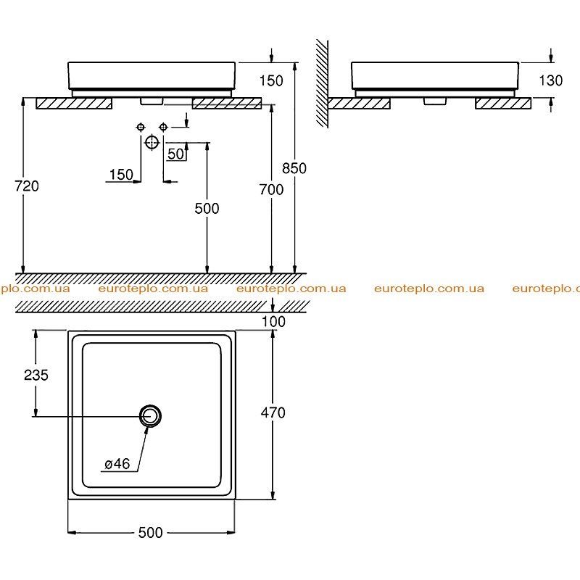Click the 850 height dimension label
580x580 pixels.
294,168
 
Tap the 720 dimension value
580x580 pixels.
27,186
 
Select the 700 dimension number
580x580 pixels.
271,189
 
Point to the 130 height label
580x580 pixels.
550,80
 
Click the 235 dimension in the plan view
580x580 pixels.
36,375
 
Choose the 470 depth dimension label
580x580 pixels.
273,413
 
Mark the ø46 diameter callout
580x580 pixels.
117,463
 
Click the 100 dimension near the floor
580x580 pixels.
273,321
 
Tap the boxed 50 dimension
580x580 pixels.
175,154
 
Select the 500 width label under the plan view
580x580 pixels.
151,533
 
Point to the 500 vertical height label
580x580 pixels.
207,209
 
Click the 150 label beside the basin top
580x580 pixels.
271,80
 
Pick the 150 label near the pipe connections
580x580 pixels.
121,175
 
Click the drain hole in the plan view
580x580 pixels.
150,415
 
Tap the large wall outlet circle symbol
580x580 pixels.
152,142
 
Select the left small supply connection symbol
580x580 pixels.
141,128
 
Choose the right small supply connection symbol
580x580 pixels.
163,128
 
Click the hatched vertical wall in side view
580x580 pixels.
322,83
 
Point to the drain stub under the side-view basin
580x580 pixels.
436,101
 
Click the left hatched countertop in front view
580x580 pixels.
74,103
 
